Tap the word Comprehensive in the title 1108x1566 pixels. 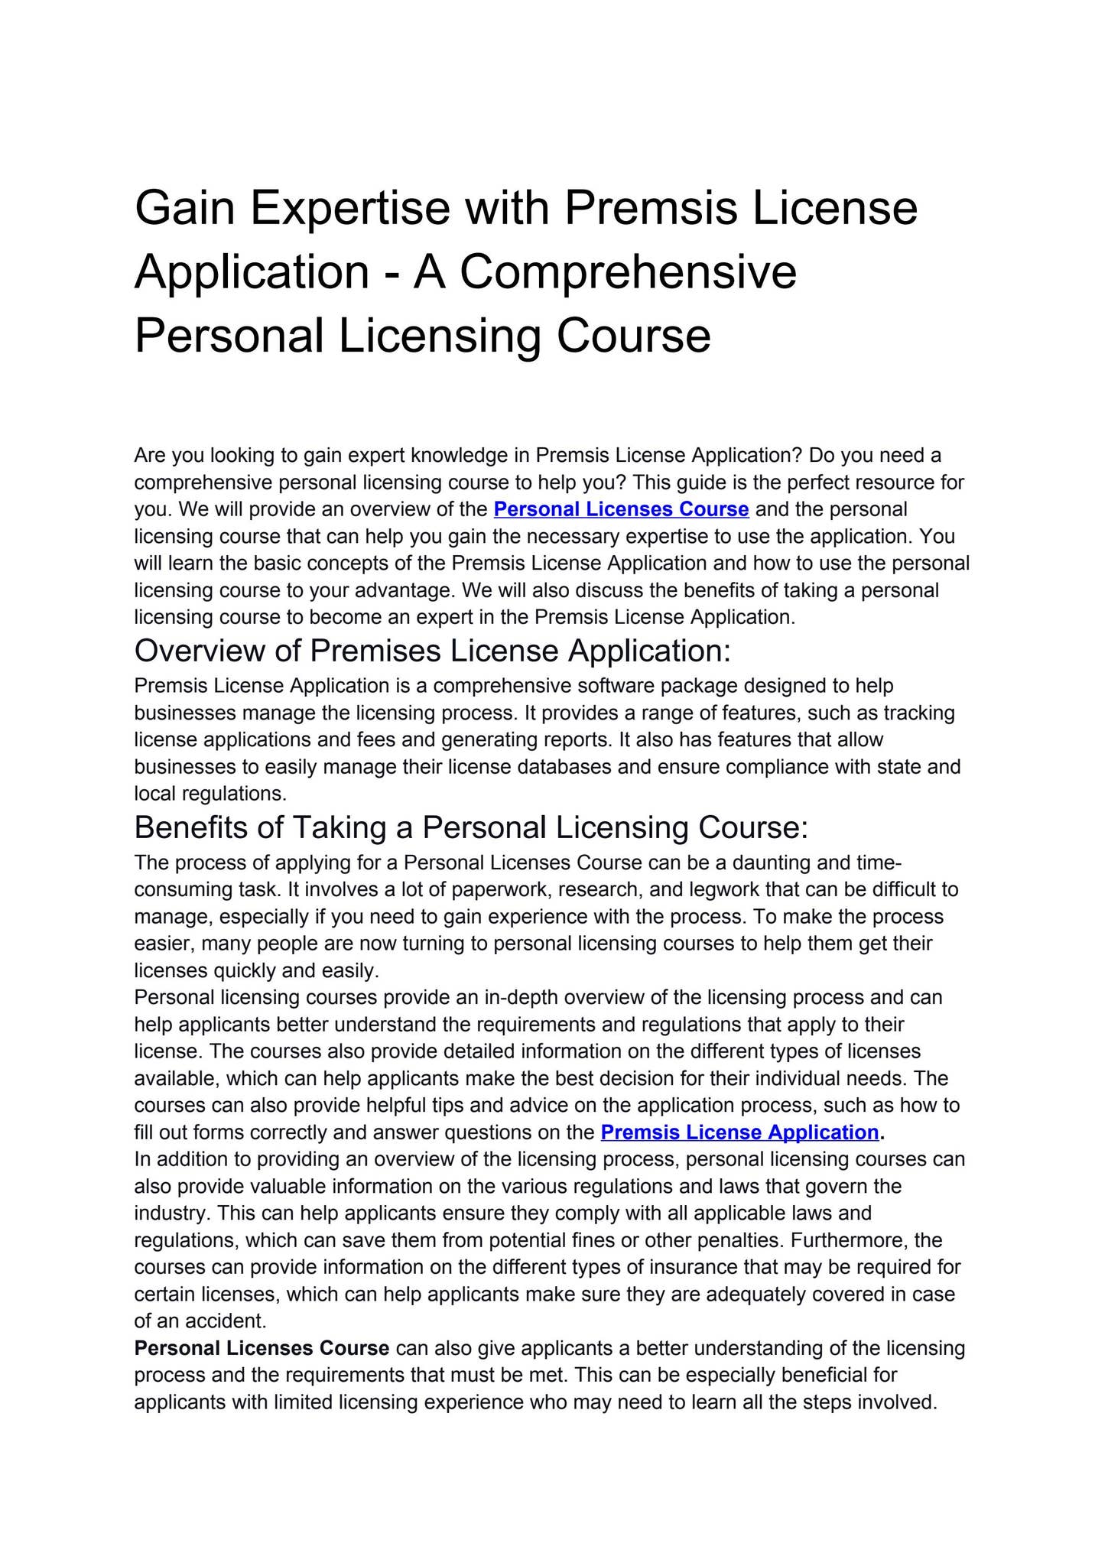pos(629,272)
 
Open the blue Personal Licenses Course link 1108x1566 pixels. pos(621,509)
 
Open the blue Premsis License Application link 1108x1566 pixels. pos(739,1132)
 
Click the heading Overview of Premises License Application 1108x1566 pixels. pos(433,651)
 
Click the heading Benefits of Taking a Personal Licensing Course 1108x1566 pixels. pos(471,828)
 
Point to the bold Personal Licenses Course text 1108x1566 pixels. pos(262,1348)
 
